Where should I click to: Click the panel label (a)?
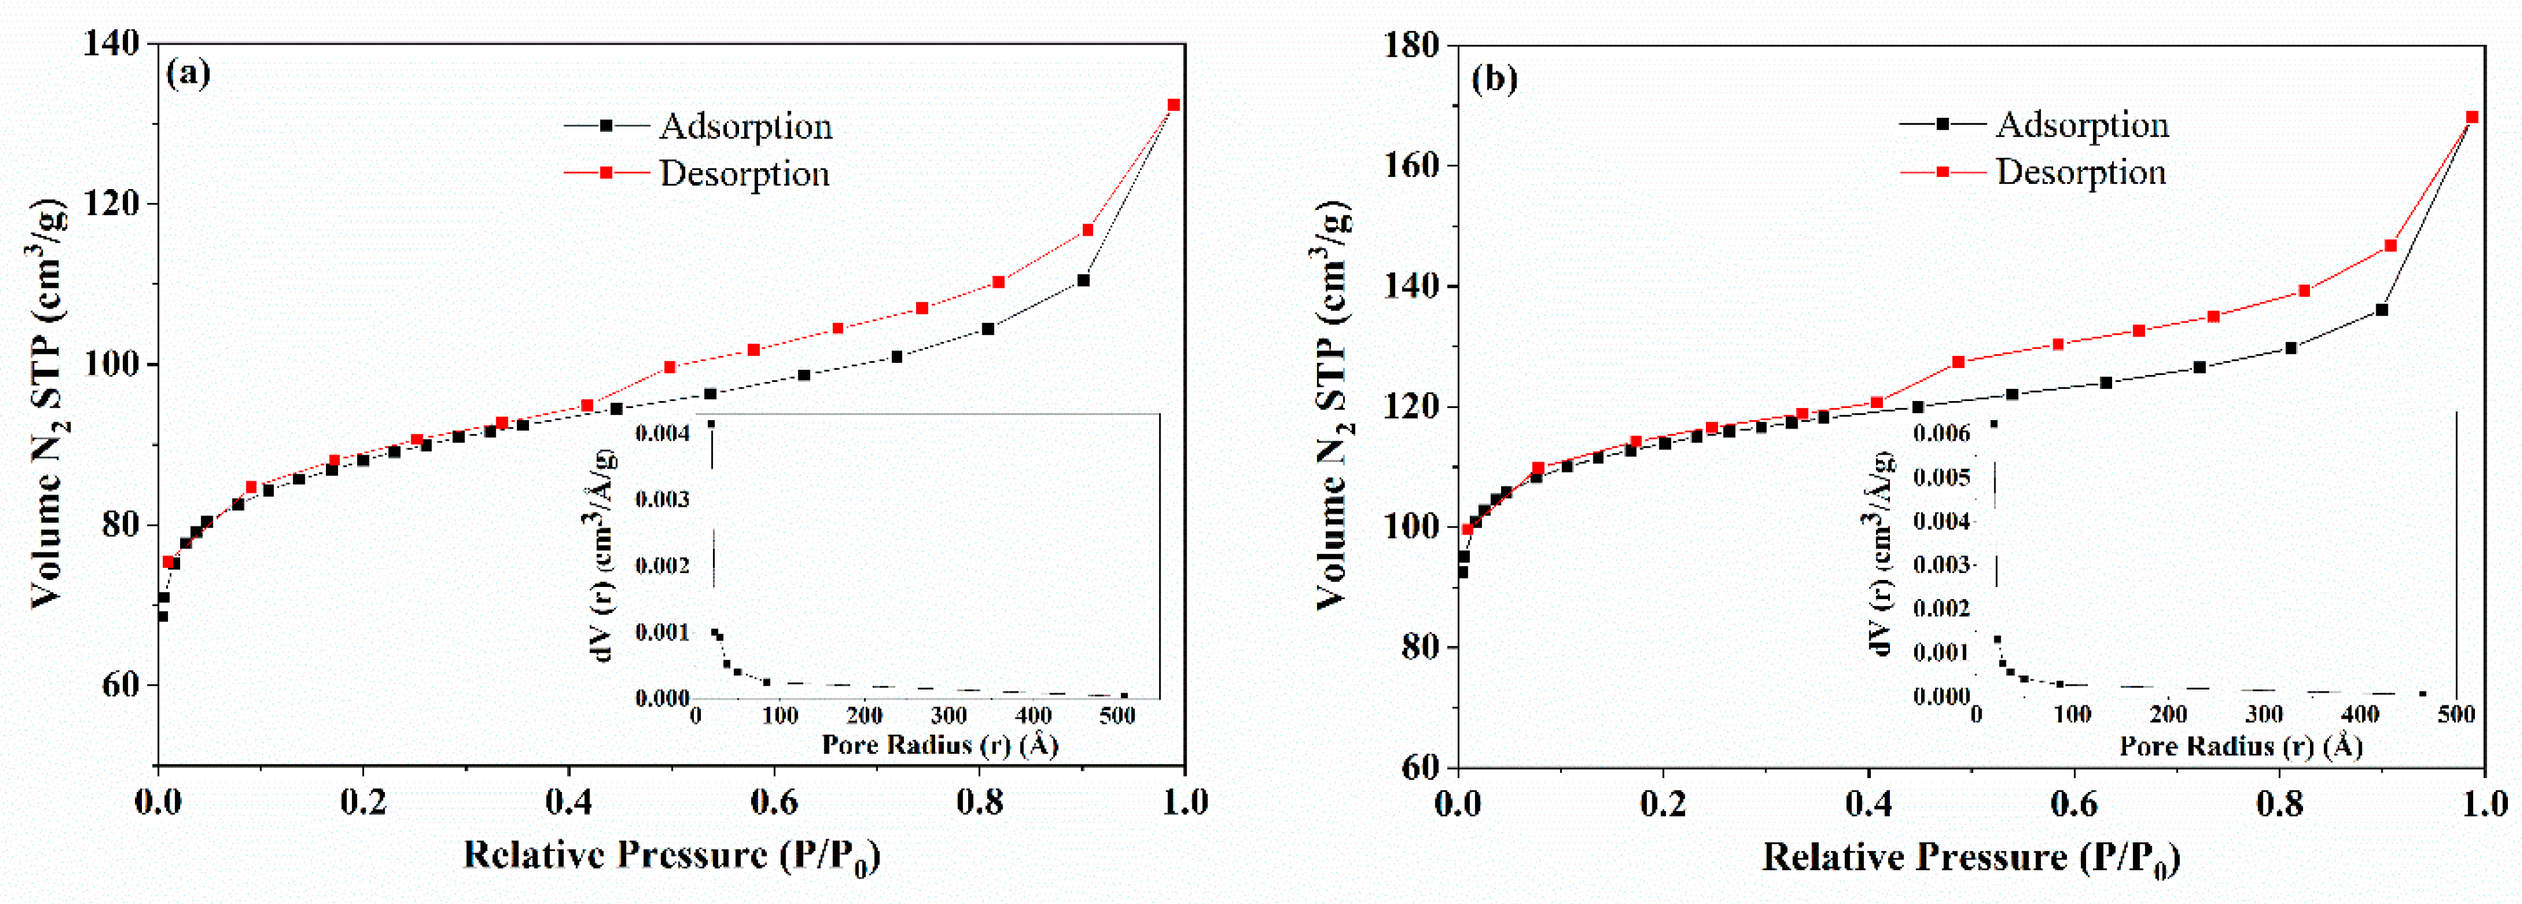(x=188, y=73)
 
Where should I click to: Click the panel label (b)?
(x=1495, y=78)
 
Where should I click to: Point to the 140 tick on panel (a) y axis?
(x=115, y=44)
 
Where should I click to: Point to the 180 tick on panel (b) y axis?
(x=1411, y=46)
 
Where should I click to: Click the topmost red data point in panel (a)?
(x=1174, y=105)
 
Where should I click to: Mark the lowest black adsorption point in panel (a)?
(x=162, y=616)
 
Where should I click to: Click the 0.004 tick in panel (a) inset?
(x=663, y=433)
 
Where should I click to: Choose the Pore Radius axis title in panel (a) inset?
(x=940, y=745)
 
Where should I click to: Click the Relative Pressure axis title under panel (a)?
(x=672, y=855)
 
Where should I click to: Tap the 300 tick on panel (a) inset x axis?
(x=948, y=716)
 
